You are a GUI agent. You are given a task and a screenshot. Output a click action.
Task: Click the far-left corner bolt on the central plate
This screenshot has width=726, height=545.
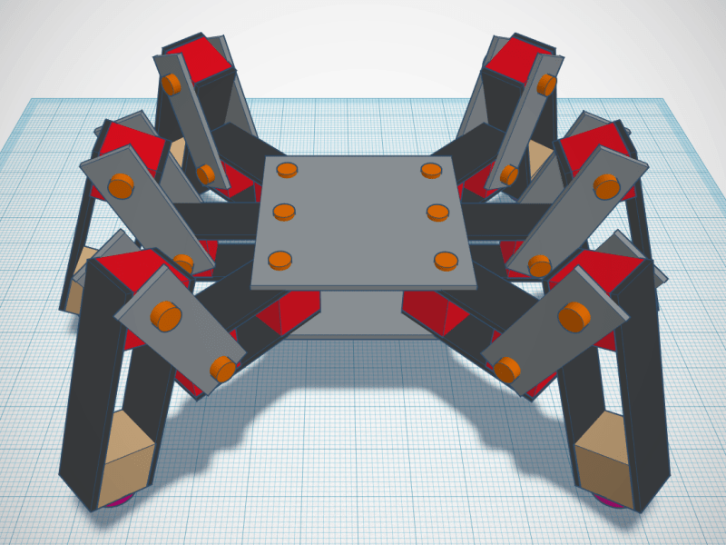click(x=287, y=169)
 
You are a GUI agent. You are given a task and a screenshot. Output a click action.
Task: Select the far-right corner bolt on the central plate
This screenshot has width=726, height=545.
click(x=430, y=169)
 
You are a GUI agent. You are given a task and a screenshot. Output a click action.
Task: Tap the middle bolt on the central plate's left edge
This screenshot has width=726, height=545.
click(x=284, y=213)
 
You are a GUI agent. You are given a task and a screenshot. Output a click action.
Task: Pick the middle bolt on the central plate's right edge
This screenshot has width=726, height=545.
click(x=437, y=213)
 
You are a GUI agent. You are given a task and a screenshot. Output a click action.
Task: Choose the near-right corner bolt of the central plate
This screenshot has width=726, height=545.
click(x=445, y=261)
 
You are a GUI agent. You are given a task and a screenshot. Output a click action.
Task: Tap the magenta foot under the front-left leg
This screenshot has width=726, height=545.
click(x=119, y=500)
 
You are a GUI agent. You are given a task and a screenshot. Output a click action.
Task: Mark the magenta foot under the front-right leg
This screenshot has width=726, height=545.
click(x=613, y=501)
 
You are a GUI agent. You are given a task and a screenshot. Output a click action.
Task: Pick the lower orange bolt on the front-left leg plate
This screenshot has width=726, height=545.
click(x=221, y=368)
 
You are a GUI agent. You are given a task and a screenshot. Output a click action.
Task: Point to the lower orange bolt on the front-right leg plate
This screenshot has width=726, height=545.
click(x=507, y=369)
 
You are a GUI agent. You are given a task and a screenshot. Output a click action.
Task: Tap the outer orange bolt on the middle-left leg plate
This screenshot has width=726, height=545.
click(x=121, y=186)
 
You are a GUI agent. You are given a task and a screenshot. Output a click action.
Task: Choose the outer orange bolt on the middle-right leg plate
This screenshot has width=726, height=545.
click(x=605, y=187)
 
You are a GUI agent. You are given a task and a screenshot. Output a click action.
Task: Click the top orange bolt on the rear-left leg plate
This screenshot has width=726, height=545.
click(x=172, y=84)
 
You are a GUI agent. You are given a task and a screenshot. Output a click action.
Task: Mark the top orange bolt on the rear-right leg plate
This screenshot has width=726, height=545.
click(x=546, y=84)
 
